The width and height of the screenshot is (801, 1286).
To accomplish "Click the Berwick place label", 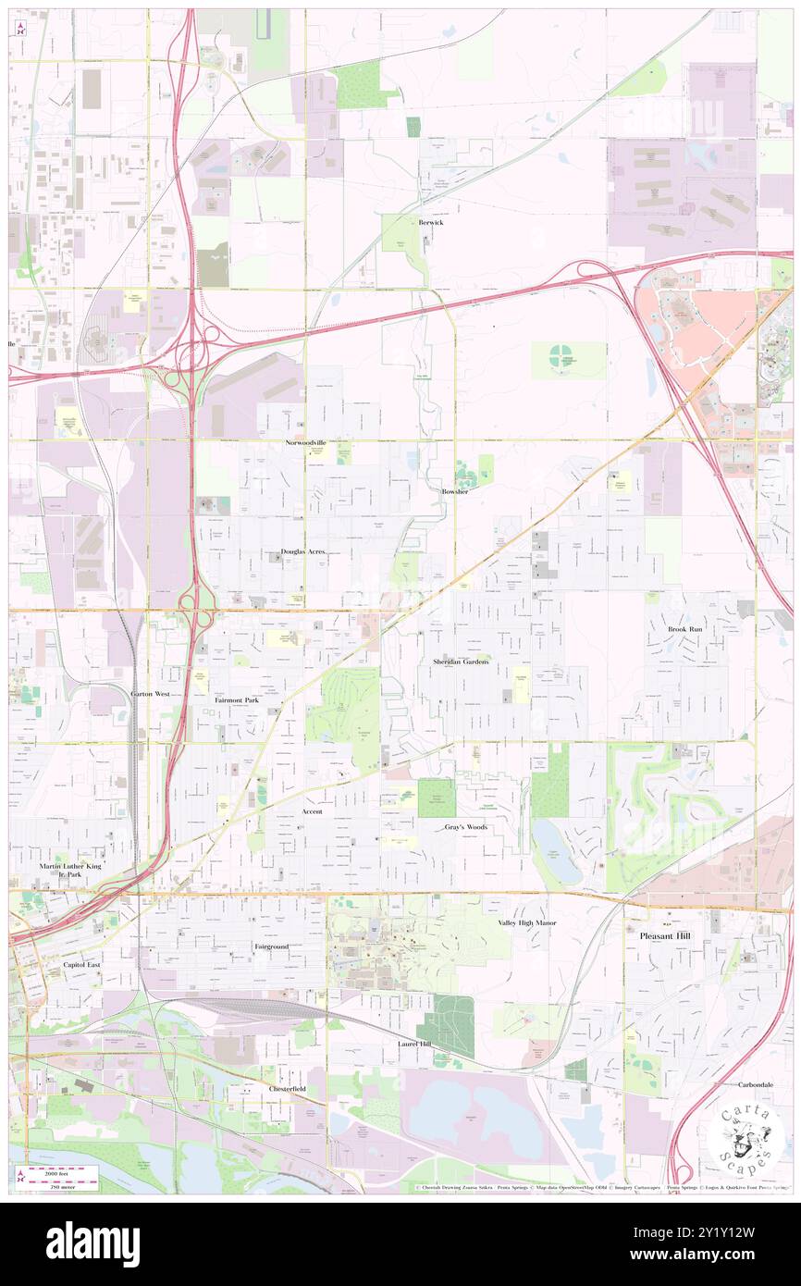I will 430,223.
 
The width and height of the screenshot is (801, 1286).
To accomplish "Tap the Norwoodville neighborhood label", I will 305,444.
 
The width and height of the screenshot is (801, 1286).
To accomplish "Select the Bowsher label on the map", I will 455,491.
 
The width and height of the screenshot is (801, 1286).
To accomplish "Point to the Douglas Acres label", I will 303,551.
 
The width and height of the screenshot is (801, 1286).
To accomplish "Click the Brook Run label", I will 685,629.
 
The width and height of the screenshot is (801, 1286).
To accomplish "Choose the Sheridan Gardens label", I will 461,662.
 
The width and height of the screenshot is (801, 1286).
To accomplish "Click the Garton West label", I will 150,693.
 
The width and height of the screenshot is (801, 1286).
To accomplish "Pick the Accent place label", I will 312,811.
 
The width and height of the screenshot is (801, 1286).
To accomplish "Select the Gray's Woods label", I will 465,827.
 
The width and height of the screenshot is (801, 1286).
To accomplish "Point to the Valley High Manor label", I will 527,922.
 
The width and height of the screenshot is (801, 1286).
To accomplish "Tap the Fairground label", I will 272,947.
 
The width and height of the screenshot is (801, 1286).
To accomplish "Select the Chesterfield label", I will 287,1089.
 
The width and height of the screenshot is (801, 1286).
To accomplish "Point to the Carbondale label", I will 756,1084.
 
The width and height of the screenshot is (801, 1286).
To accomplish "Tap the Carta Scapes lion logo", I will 746,1135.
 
